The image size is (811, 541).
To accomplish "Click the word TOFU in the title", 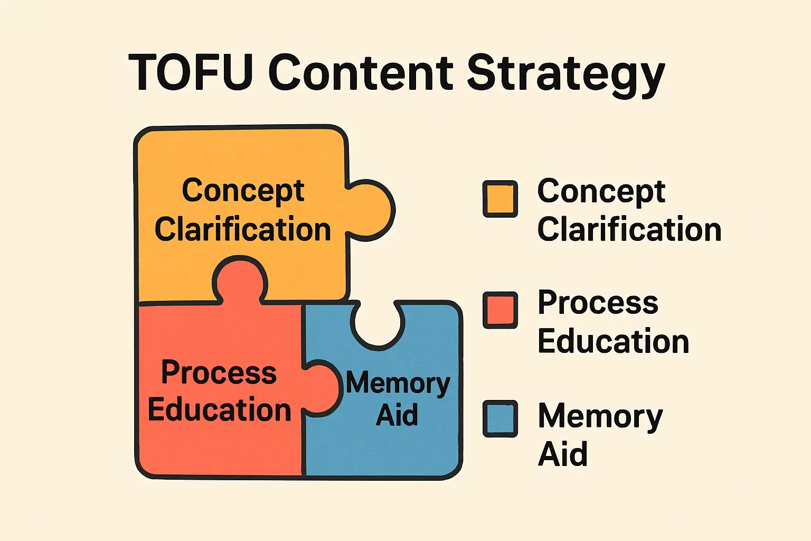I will pyautogui.click(x=190, y=72).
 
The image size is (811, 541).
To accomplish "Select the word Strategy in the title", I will pyautogui.click(x=565, y=74).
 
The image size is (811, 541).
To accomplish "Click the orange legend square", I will pyautogui.click(x=499, y=199).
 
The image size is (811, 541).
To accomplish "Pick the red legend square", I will pyautogui.click(x=499, y=310).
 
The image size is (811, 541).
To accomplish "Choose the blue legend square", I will pyautogui.click(x=499, y=418).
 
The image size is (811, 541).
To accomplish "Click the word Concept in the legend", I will pyautogui.click(x=601, y=191).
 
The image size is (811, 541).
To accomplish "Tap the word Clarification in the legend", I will pyautogui.click(x=629, y=230).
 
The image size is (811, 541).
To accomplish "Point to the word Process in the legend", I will pyautogui.click(x=598, y=303).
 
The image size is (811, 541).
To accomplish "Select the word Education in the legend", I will pyautogui.click(x=613, y=341).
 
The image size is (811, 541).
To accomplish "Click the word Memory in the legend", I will pyautogui.click(x=600, y=417).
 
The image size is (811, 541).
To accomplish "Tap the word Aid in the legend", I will pyautogui.click(x=562, y=454).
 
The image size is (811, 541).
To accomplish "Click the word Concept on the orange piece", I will pyautogui.click(x=243, y=191).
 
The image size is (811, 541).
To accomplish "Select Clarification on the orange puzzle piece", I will pyautogui.click(x=242, y=230).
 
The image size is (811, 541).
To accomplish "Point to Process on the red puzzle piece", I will pyautogui.click(x=219, y=372).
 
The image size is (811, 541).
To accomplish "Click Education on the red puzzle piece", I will pyautogui.click(x=219, y=410).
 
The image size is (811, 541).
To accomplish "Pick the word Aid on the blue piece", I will pyautogui.click(x=397, y=415).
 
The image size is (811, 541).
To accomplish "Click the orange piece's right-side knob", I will pyautogui.click(x=372, y=210).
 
